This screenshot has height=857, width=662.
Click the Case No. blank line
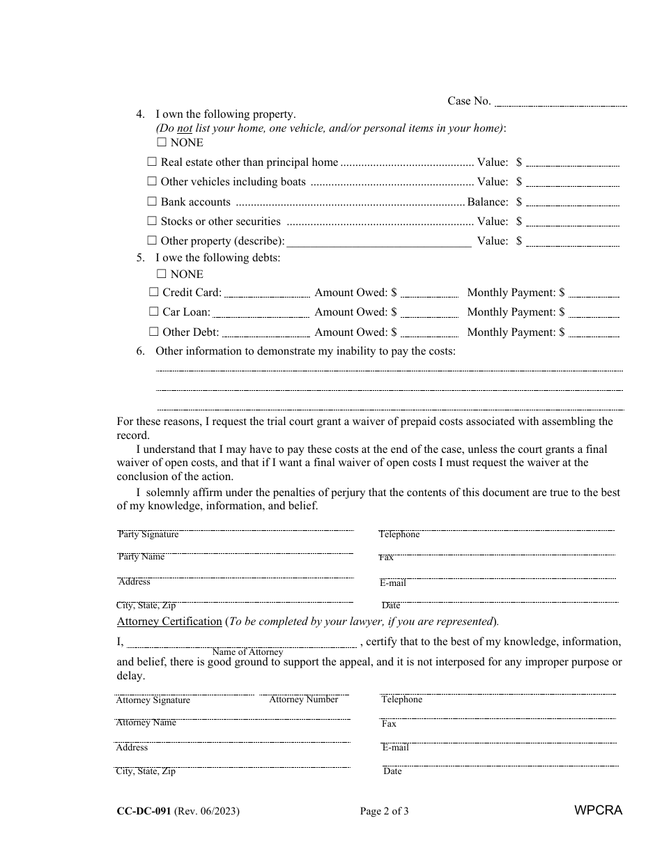pos(560,103)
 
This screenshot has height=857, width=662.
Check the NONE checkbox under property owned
pos(162,142)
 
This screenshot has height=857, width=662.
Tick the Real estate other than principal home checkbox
pos(152,162)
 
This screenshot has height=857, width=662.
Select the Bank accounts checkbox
pos(152,201)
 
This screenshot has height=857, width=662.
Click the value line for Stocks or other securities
pos(572,224)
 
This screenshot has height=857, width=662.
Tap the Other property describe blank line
pos(379,243)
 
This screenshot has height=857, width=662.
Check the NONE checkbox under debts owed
pos(162,274)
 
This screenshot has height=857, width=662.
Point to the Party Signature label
pos(148,534)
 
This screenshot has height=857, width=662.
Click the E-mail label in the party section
pos(393,583)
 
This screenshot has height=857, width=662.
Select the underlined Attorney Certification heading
pos(169,621)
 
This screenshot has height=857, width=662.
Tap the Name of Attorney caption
pos(247,652)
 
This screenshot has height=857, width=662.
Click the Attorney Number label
pos(304,700)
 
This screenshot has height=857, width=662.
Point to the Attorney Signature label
pos(153,700)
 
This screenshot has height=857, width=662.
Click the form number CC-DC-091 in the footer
pos(144,811)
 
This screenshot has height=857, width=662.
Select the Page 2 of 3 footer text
pos(384,811)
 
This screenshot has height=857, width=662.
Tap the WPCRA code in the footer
pos(598,810)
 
